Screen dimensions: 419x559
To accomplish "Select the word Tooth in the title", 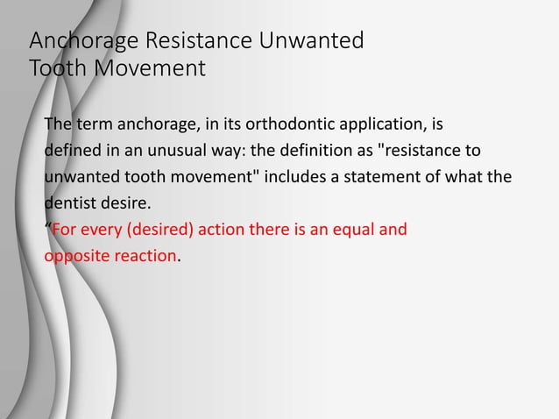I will click(55, 67).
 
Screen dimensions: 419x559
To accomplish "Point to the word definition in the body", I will click(301, 150).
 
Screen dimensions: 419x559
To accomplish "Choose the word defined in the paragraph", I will click(71, 150).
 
